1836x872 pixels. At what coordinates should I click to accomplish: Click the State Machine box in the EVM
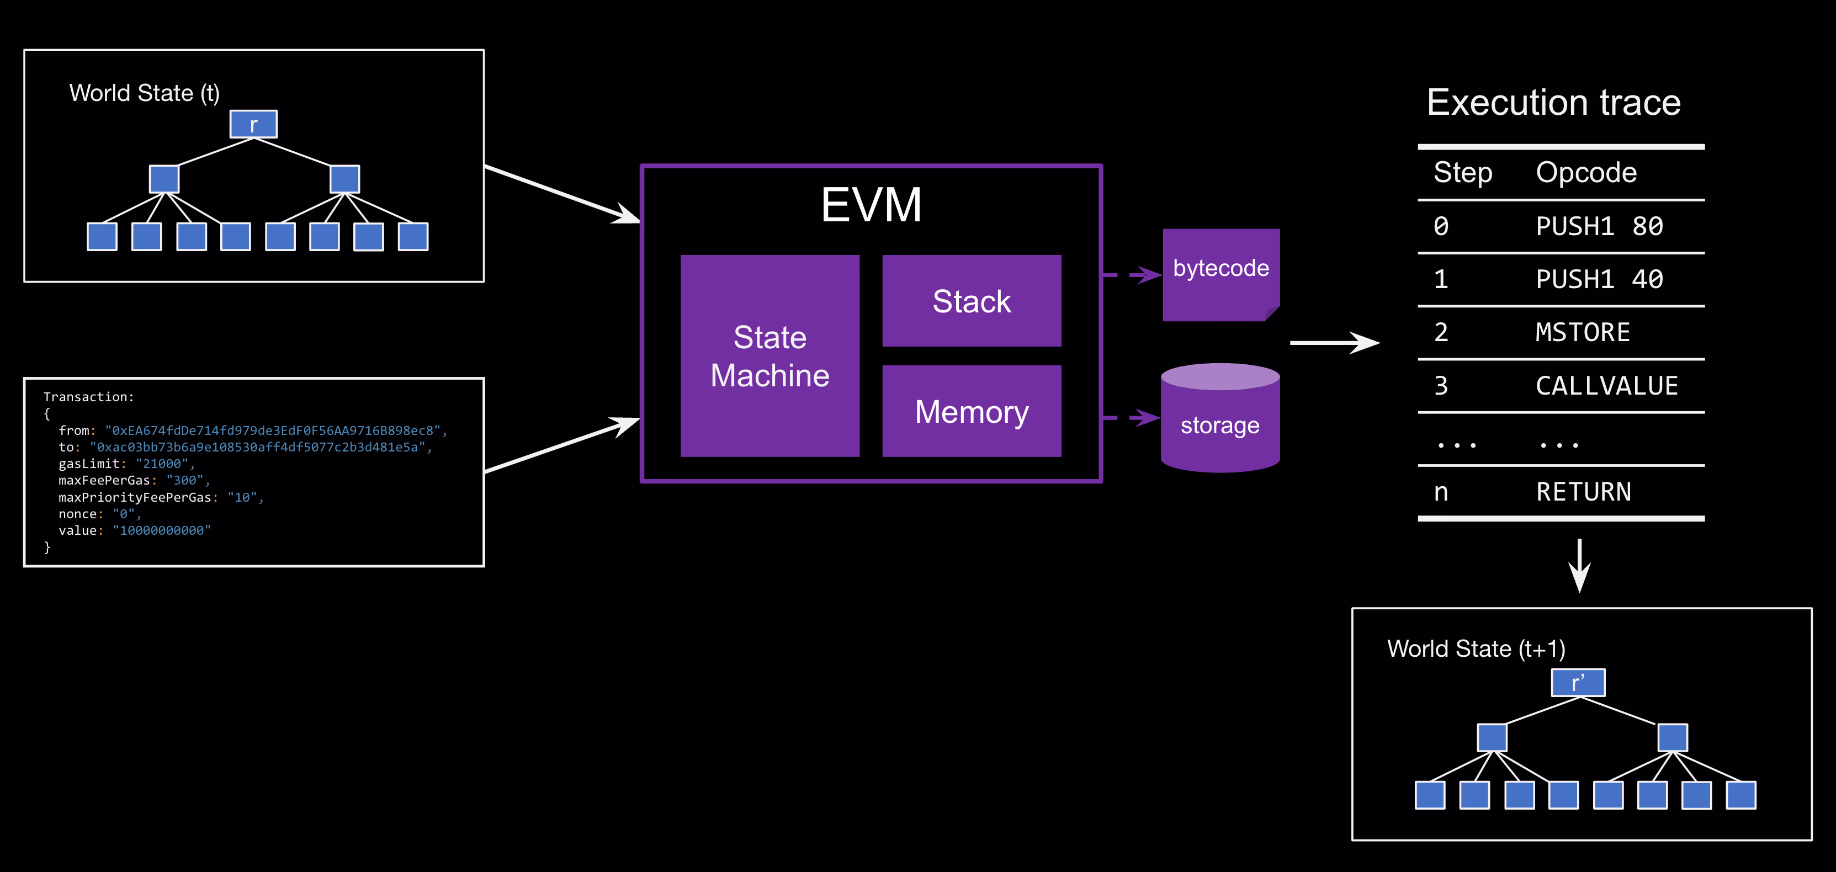(x=770, y=355)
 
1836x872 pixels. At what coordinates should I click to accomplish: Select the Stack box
(x=972, y=301)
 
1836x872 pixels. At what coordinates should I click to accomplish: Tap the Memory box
(x=972, y=411)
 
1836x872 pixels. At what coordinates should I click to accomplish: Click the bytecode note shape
(x=1220, y=274)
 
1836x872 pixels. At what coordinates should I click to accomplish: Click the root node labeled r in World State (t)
(x=253, y=125)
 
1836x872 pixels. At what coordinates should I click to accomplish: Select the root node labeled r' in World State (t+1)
(x=1578, y=683)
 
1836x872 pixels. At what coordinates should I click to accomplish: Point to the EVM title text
(x=871, y=205)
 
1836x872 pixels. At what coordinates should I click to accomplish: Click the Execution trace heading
(x=1554, y=103)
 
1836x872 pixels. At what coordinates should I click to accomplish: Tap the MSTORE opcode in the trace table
(x=1582, y=333)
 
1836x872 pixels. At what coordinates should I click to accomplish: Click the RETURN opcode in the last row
(x=1583, y=492)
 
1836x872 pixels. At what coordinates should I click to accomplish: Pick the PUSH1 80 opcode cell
(x=1599, y=226)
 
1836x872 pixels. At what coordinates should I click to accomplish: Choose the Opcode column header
(x=1586, y=172)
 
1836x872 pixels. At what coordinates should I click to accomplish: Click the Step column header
(x=1462, y=172)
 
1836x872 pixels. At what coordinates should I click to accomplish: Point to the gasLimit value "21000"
(x=162, y=464)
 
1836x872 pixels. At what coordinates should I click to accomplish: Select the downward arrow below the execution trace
(x=1579, y=566)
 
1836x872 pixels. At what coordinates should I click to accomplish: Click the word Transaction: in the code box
(x=88, y=397)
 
